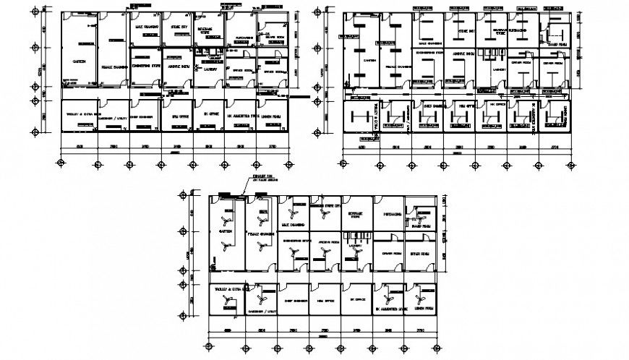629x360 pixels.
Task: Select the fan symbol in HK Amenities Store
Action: (x=390, y=296)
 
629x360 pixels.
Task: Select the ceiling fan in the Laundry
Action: (x=355, y=251)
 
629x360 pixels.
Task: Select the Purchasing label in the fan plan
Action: (x=393, y=214)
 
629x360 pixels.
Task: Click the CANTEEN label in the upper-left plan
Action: (x=80, y=61)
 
